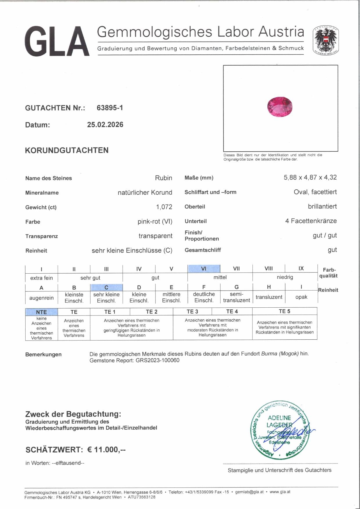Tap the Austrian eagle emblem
[325, 41]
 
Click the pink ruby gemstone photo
[280, 107]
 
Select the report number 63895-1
[110, 108]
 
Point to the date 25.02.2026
[105, 125]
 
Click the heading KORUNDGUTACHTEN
[67, 150]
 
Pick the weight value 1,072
[164, 207]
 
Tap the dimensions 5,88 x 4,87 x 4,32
[310, 178]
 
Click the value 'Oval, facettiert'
[315, 192]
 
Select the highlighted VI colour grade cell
[204, 269]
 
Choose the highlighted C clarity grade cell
[106, 287]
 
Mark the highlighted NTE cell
[42, 312]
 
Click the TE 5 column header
[284, 311]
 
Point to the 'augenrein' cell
[42, 298]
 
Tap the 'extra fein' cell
[42, 278]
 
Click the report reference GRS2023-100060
[157, 361]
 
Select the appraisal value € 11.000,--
[106, 450]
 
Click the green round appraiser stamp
[280, 430]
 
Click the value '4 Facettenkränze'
[311, 221]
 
